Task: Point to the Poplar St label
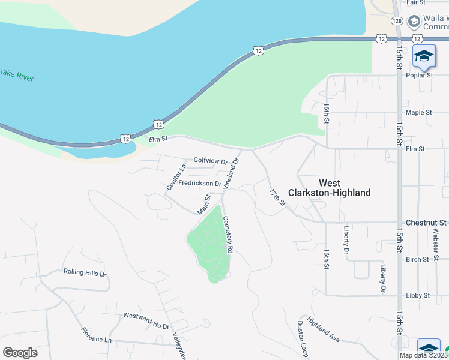click(x=420, y=76)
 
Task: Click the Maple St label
click(x=418, y=113)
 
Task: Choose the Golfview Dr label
click(x=211, y=161)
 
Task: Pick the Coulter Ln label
click(x=173, y=178)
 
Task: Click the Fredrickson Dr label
click(x=200, y=184)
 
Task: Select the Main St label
click(x=204, y=205)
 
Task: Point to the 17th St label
click(x=277, y=197)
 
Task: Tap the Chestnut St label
click(x=426, y=223)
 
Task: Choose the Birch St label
click(x=418, y=260)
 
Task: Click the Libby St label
click(x=418, y=296)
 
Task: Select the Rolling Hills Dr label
click(x=85, y=272)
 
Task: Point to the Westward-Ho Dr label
click(x=146, y=320)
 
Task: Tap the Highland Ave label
click(x=324, y=329)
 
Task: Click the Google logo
click(x=20, y=353)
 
